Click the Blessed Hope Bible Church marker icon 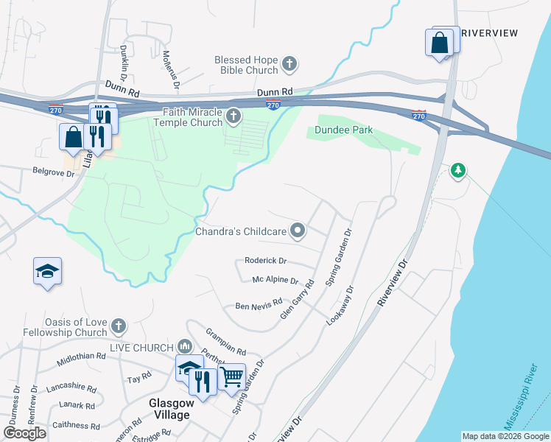(x=289, y=64)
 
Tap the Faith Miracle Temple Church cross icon (x=234, y=116)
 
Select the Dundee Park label (x=343, y=130)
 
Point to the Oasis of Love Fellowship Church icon (x=119, y=326)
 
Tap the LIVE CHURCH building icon (x=184, y=346)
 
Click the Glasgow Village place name (x=171, y=409)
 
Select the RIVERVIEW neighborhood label (x=489, y=33)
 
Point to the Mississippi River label (x=518, y=399)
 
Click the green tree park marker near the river (x=459, y=171)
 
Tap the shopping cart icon (x=232, y=377)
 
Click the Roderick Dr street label (x=265, y=261)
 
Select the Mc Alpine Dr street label (x=275, y=281)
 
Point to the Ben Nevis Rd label (x=259, y=304)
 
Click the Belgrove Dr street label (x=54, y=175)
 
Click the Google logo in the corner (x=24, y=433)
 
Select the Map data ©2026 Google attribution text (x=505, y=436)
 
